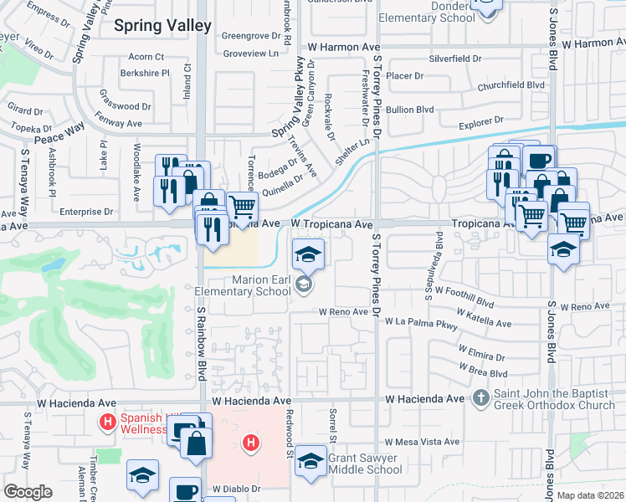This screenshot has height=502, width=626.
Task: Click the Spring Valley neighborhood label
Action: point(162,26)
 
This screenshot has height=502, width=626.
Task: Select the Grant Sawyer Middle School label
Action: point(365,464)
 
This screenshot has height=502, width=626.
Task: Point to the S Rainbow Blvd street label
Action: point(202,343)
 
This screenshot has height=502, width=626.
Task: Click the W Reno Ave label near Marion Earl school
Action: point(343,311)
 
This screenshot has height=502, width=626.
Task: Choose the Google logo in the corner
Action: point(27,492)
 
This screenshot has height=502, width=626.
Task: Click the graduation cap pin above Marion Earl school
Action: point(308,254)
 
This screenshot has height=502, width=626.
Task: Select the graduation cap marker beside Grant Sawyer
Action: point(310,461)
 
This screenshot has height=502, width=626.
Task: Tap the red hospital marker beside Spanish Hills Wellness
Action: point(106,423)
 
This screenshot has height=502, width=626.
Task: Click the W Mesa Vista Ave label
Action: point(422,442)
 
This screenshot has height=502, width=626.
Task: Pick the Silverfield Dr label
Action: point(455,59)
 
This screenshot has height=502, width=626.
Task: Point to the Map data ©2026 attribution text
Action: point(590,495)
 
